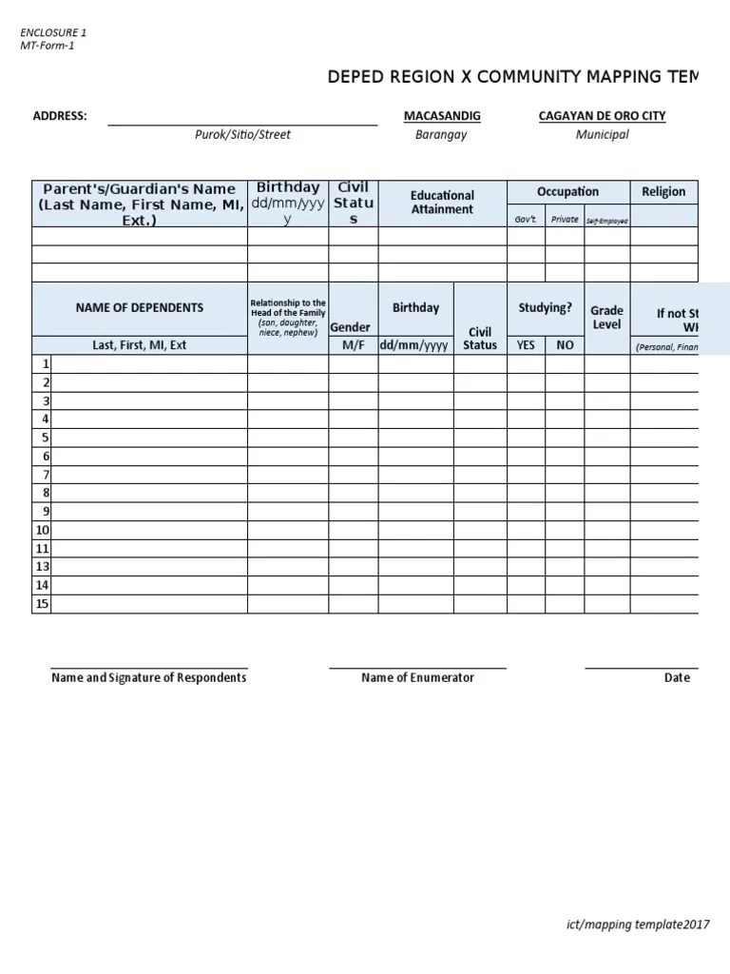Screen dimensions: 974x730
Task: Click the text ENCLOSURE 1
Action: pyautogui.click(x=53, y=32)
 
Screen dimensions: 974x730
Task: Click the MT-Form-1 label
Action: pyautogui.click(x=47, y=46)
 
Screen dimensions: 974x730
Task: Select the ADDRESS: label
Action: pyautogui.click(x=60, y=116)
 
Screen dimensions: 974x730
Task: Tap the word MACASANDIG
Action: pyautogui.click(x=442, y=116)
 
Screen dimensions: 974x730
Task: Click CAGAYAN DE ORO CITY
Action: pyautogui.click(x=602, y=116)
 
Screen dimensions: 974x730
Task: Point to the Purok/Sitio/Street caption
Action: pyautogui.click(x=242, y=135)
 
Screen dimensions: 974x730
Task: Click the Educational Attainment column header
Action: pyautogui.click(x=442, y=203)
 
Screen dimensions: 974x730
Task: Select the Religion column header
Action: pyautogui.click(x=663, y=191)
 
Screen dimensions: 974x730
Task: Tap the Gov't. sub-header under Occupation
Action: pyautogui.click(x=526, y=220)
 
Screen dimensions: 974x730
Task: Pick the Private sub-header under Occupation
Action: pyautogui.click(x=565, y=220)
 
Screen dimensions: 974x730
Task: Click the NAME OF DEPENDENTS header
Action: pyautogui.click(x=140, y=307)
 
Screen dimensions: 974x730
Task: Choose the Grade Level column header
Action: pyautogui.click(x=606, y=318)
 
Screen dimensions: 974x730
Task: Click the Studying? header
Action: pyautogui.click(x=545, y=307)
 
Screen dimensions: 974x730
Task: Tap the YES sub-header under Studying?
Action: pyautogui.click(x=526, y=345)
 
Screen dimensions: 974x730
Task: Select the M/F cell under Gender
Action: pyautogui.click(x=354, y=345)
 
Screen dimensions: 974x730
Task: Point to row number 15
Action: pyautogui.click(x=42, y=604)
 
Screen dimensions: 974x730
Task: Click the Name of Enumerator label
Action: pyautogui.click(x=417, y=678)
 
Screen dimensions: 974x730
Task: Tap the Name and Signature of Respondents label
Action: pyautogui.click(x=148, y=678)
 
